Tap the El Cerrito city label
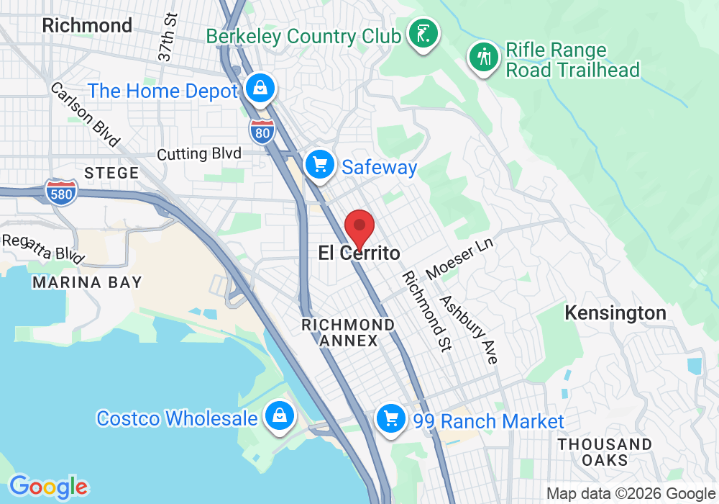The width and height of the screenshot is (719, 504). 359,253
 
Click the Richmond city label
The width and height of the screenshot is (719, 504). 87,25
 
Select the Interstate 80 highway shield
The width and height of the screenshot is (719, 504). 262,131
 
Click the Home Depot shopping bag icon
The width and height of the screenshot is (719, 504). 257,89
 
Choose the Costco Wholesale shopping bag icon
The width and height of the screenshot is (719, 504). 277,416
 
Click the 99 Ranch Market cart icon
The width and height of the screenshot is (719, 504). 391,419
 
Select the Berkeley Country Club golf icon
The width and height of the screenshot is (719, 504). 420,33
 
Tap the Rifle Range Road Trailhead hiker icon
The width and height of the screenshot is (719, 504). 485,57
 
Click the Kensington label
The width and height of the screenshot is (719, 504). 615,313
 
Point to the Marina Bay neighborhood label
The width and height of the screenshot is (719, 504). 87,282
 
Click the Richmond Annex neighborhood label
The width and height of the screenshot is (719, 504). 348,333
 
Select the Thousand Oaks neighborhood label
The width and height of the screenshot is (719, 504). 605,452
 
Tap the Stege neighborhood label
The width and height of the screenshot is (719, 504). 111,173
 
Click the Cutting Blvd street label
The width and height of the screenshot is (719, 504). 199,153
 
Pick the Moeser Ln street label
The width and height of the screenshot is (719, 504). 459,258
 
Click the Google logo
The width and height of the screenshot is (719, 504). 48,486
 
